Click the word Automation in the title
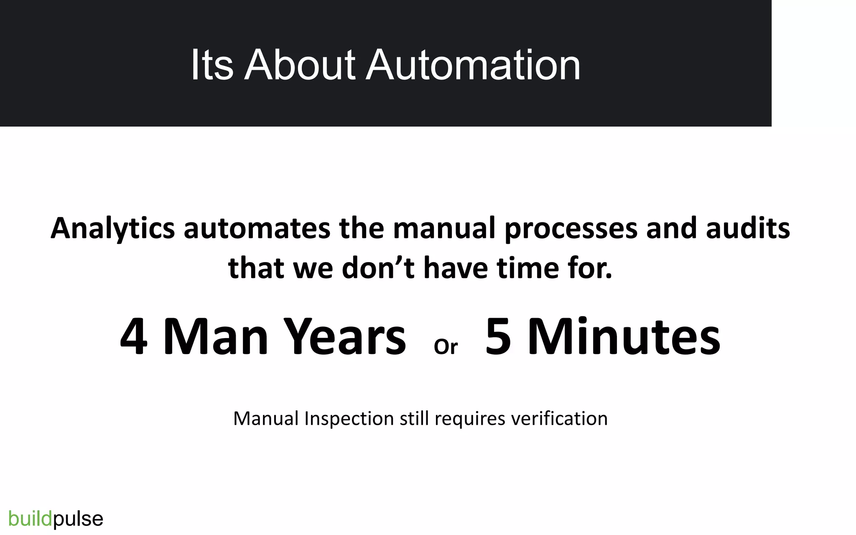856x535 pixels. [x=473, y=65]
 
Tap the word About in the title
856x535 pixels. [x=300, y=65]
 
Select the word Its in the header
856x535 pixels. [x=211, y=65]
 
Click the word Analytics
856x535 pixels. [x=112, y=229]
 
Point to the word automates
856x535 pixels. [x=257, y=229]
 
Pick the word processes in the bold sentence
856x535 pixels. [x=571, y=229]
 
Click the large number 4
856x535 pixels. [x=134, y=337]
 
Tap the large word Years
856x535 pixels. [x=346, y=337]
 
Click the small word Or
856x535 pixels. [x=446, y=347]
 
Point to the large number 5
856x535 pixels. [x=498, y=337]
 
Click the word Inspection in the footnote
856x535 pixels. [x=349, y=419]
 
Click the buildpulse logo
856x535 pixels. [x=56, y=519]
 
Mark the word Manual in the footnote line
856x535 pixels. [x=266, y=419]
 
